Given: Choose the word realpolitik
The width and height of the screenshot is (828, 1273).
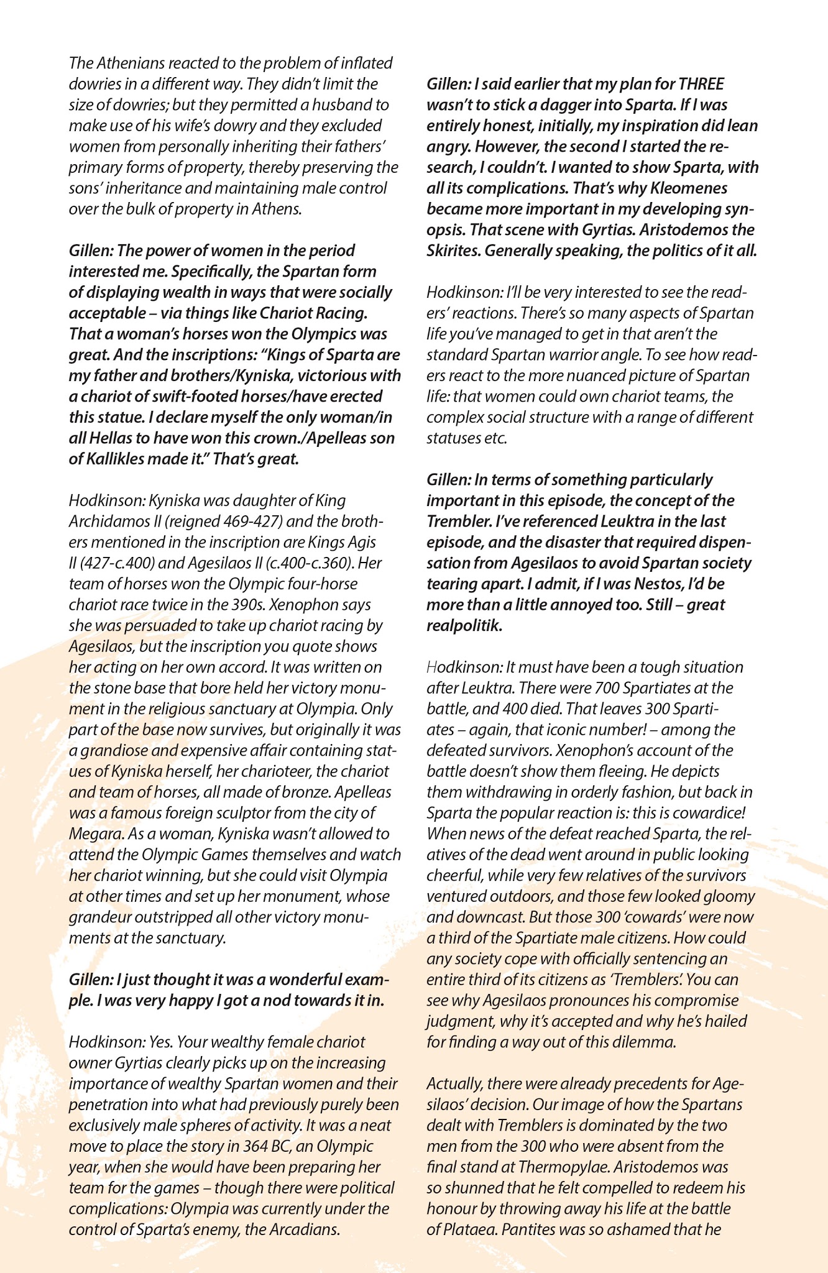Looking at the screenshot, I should point(464,625).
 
